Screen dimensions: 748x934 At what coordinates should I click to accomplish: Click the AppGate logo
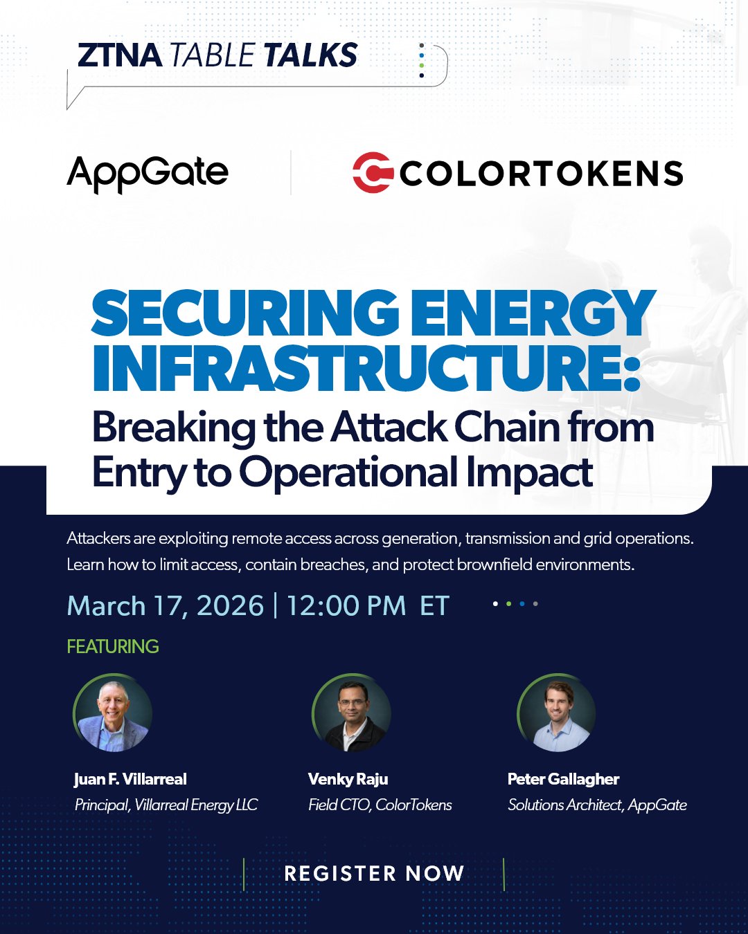pos(148,174)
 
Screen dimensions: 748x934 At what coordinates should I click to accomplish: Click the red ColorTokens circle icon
pos(373,172)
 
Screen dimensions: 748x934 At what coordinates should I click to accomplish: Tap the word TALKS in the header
pos(310,55)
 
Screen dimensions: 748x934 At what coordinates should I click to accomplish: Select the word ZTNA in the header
pos(120,55)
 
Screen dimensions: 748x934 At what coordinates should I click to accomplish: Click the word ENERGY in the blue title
pos(533,314)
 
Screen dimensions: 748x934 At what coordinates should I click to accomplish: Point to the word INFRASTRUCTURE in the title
pos(366,367)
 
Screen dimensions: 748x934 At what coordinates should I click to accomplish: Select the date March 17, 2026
pos(166,605)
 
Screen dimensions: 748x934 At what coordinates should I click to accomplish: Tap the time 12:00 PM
pos(346,605)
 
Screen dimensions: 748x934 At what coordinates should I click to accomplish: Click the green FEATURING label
pos(113,647)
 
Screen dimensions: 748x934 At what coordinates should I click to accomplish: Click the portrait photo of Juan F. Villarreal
pos(112,713)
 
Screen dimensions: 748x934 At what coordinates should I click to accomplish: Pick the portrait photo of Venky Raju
pos(351,713)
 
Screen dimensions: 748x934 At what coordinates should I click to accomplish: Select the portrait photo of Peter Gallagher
pos(556,713)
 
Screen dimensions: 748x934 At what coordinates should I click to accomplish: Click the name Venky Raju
pos(348,780)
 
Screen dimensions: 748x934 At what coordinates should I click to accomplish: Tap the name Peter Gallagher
pos(563,780)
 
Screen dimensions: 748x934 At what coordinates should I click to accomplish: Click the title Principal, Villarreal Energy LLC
pos(166,805)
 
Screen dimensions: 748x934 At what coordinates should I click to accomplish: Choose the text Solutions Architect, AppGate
pos(597,805)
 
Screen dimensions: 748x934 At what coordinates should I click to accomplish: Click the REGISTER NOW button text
pos(374,874)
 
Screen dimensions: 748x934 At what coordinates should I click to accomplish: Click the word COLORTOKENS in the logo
pos(541,173)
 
